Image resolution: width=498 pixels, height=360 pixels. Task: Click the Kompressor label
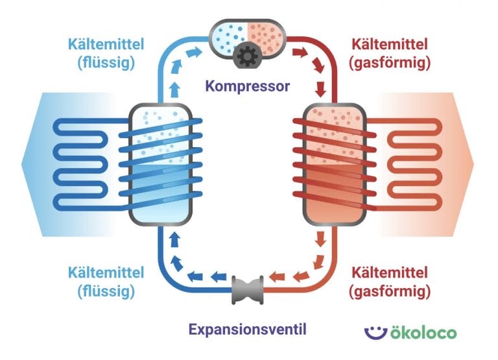pos(248,85)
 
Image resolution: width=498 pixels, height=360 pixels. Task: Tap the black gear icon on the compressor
pos(248,56)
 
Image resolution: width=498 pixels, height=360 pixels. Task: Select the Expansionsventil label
pos(247,329)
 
